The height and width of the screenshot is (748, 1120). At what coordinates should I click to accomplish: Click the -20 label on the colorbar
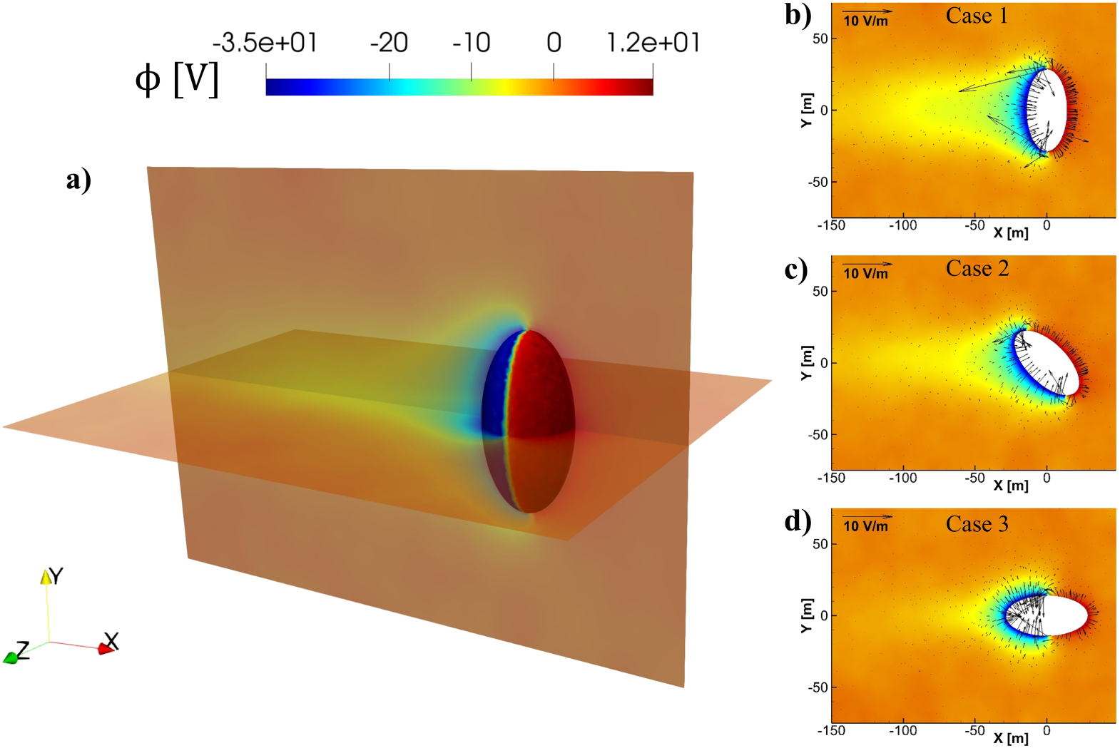point(389,43)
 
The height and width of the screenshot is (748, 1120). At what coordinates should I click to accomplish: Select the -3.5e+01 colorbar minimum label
point(265,43)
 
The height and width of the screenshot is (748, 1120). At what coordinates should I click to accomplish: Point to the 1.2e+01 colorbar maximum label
point(653,43)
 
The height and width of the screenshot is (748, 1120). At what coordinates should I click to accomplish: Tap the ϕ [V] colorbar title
point(176,80)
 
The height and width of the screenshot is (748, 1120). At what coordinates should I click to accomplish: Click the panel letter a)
point(78,179)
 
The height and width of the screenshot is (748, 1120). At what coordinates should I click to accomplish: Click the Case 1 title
point(977,16)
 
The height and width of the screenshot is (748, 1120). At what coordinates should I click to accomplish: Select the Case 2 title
point(977,269)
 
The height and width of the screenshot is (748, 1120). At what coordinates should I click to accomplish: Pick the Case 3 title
point(977,524)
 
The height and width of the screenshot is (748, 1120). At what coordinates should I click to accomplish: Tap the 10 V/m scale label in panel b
point(866,21)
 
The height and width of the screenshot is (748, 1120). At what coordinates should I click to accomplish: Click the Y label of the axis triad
point(56,575)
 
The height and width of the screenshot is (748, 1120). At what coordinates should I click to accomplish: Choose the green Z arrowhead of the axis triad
point(10,657)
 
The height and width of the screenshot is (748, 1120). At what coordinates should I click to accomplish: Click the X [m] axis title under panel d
point(1011,738)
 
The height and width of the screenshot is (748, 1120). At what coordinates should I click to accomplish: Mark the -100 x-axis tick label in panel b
point(902,226)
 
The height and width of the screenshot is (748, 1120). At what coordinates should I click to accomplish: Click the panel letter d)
point(798,521)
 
